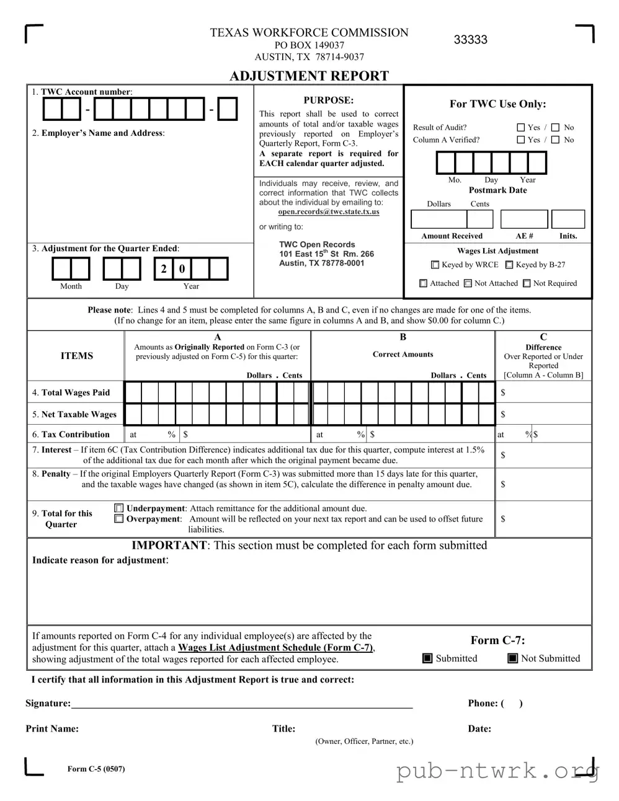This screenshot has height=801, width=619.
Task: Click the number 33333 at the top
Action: point(470,40)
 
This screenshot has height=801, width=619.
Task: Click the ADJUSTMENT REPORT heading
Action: point(309,76)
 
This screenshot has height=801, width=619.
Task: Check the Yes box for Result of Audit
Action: point(521,127)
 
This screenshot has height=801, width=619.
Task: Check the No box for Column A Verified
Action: point(555,140)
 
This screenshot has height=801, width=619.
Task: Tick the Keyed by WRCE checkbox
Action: point(435,265)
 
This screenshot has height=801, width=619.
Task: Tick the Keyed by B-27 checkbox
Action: point(509,265)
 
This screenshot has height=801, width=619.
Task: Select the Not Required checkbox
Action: point(527,283)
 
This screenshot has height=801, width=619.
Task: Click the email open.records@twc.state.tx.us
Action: point(328,211)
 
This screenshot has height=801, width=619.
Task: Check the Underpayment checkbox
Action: point(119,508)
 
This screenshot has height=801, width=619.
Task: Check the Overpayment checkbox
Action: point(119,519)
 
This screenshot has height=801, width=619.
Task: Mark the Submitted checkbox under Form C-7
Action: point(427,658)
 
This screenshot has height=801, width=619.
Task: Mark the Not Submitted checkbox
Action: point(512,658)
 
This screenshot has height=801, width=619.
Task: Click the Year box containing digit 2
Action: point(163,269)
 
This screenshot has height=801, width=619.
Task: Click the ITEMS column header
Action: point(77,356)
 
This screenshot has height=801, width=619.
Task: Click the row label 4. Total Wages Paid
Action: point(71,392)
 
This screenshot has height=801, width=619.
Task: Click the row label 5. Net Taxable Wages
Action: point(74,414)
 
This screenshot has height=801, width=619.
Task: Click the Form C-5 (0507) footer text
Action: point(96,769)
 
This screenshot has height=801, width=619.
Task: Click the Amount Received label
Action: point(452,236)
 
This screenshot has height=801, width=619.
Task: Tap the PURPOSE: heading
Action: point(328,100)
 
